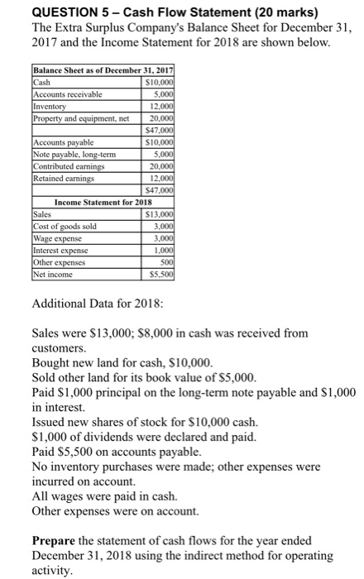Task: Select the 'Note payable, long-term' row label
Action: pos(69,154)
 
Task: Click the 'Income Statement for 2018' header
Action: pos(104,201)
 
